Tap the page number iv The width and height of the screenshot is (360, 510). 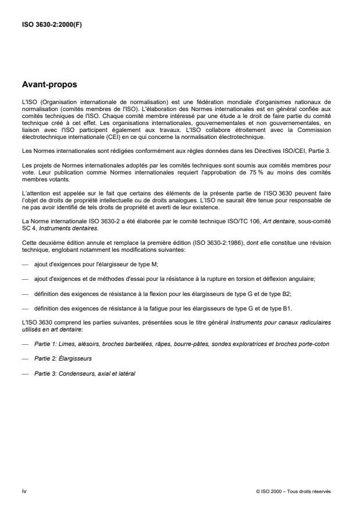24,491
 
